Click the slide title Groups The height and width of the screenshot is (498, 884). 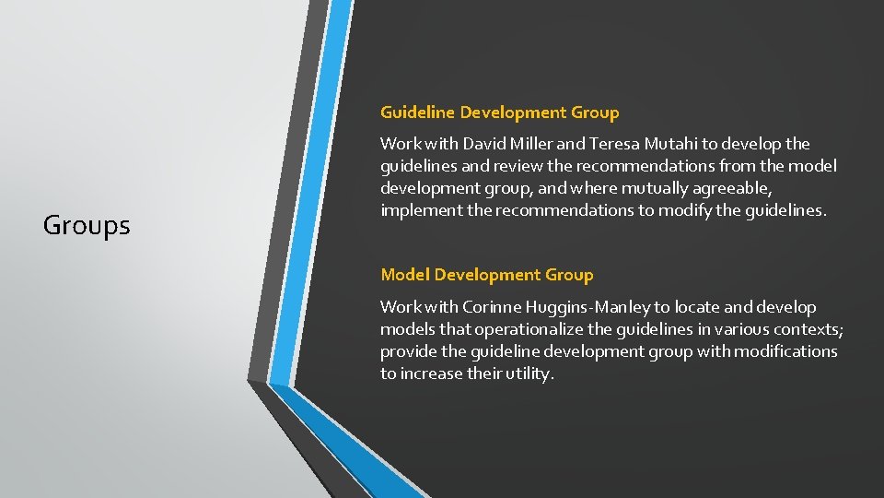(87, 225)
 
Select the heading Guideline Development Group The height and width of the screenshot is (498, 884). (499, 113)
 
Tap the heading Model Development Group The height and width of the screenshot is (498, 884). (486, 275)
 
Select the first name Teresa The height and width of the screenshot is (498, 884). (614, 144)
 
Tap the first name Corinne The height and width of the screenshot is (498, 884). (483, 307)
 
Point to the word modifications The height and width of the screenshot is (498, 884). (780, 351)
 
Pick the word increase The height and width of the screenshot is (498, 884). (432, 373)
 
